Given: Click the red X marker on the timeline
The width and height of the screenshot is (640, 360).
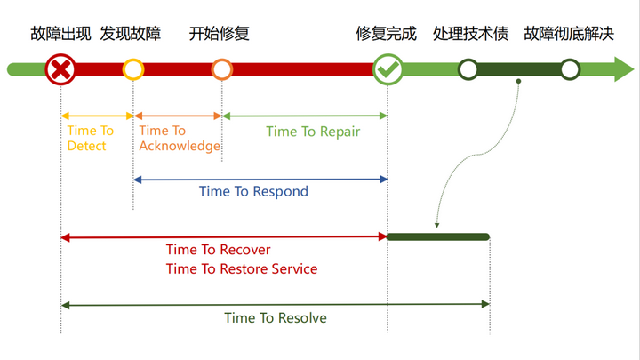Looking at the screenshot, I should [60, 69].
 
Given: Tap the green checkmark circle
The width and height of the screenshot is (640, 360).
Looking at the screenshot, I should [388, 69].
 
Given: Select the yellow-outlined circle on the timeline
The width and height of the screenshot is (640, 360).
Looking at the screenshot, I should [133, 69].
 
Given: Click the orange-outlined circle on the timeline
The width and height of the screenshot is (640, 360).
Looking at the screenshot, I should [222, 69].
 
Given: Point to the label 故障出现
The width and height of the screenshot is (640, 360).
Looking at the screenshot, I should [60, 35].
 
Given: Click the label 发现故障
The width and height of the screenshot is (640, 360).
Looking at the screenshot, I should [132, 35].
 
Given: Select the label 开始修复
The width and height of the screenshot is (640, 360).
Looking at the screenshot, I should [220, 35].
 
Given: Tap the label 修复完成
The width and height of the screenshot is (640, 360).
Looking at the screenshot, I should [387, 35].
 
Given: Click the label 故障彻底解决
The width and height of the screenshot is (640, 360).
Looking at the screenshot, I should [570, 35].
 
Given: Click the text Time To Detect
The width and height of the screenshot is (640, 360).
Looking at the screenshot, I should [90, 139].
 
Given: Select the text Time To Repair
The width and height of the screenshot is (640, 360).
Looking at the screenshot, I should [313, 132].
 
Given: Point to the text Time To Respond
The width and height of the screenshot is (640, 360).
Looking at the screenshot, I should [253, 191].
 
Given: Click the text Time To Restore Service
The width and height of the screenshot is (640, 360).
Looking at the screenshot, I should [242, 268].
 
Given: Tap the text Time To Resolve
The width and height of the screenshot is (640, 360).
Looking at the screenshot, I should [276, 317].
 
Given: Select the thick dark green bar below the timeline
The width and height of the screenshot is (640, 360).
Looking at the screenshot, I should [438, 236].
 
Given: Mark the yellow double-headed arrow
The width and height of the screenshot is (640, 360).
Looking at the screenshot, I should [97, 116].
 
